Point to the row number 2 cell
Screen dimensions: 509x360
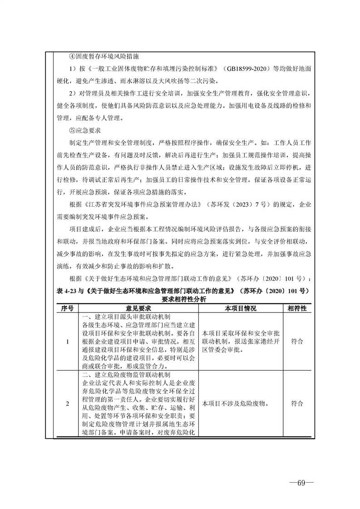click(x=67, y=404)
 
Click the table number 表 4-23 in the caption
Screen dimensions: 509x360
click(x=69, y=291)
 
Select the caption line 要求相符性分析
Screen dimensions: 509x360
click(x=183, y=299)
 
